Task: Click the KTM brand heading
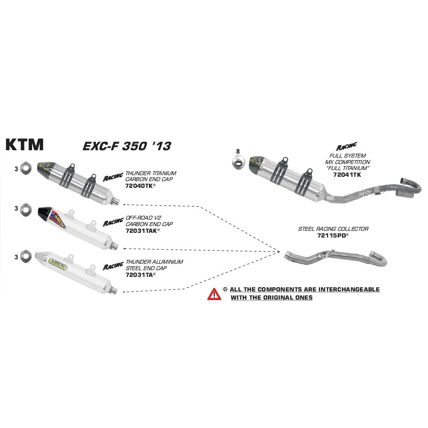24,145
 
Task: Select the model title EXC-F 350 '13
126,146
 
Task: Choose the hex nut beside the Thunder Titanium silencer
26,168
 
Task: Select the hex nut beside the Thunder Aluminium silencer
26,256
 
